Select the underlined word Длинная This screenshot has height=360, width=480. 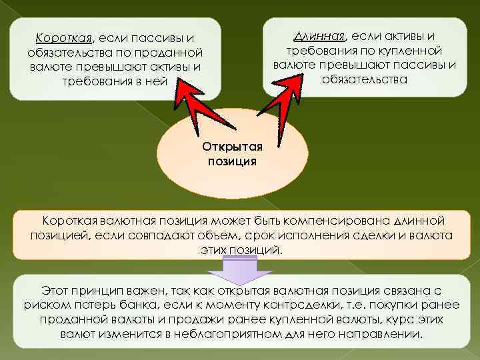click(321, 35)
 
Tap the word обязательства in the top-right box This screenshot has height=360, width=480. click(363, 79)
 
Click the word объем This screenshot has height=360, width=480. click(212, 235)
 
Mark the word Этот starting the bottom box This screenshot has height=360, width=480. click(55, 291)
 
